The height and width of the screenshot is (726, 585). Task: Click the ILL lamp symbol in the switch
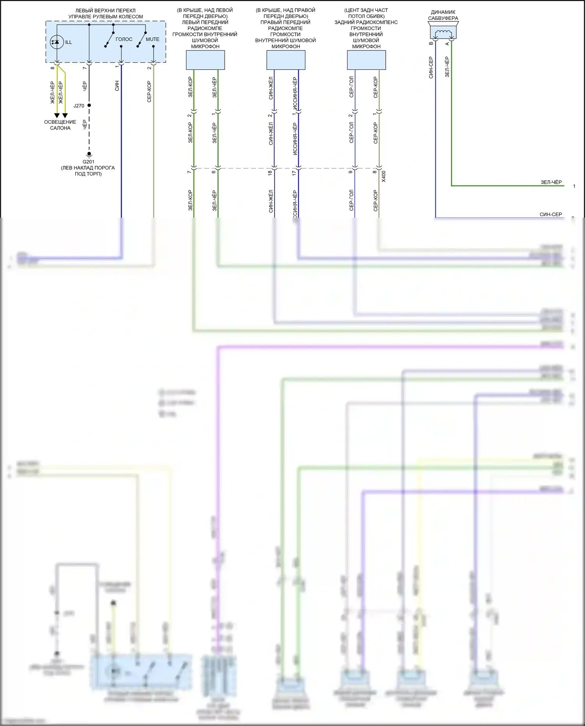[57, 42]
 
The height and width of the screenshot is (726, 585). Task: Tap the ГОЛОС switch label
[124, 39]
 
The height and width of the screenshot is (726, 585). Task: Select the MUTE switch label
[152, 39]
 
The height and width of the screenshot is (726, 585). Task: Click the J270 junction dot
[89, 105]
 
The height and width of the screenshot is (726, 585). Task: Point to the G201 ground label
[89, 162]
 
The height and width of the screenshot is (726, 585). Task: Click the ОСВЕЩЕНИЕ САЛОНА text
[60, 125]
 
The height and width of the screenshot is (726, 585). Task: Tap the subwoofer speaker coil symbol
[443, 33]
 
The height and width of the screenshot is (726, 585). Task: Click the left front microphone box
[205, 60]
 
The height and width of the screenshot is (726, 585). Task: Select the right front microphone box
[285, 60]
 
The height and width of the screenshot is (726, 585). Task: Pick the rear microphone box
[366, 60]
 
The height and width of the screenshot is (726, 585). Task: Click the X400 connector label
[383, 176]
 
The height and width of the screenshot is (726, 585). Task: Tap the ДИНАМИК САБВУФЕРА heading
[443, 15]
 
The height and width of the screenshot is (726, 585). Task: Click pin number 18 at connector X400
[270, 173]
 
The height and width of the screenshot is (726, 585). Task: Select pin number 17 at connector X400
[294, 173]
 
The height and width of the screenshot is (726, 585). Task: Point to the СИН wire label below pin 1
[117, 86]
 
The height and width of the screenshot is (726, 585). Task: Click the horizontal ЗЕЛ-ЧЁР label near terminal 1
[551, 182]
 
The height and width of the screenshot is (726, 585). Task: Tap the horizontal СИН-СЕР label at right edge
[551, 214]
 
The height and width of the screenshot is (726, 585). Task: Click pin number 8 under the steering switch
[53, 68]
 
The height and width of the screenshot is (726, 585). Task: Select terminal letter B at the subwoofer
[431, 43]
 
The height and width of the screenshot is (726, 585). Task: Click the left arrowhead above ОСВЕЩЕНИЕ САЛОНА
[57, 115]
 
